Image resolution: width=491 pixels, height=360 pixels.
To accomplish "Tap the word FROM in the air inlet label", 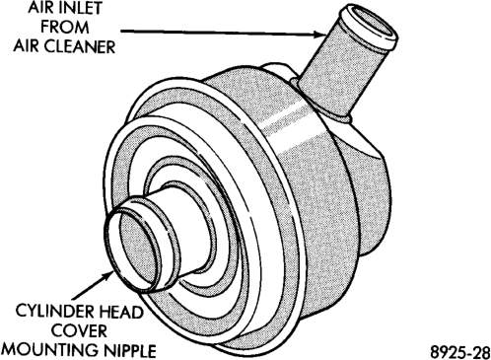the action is (x=65, y=27).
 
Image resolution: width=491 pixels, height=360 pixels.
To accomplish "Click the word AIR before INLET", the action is (x=37, y=8).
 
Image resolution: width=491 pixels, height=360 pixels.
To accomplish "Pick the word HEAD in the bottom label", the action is (x=123, y=312).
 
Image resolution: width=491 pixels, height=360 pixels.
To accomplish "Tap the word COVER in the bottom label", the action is (x=80, y=330).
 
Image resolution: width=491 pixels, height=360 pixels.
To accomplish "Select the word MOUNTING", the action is (x=49, y=350).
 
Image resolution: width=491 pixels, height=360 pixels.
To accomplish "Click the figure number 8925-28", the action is (x=459, y=352).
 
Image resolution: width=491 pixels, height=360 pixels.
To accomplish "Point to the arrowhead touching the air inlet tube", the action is (x=319, y=35).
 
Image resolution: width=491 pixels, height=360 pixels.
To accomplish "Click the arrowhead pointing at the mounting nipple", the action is (x=108, y=275).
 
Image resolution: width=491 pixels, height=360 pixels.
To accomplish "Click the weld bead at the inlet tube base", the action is (x=322, y=106).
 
